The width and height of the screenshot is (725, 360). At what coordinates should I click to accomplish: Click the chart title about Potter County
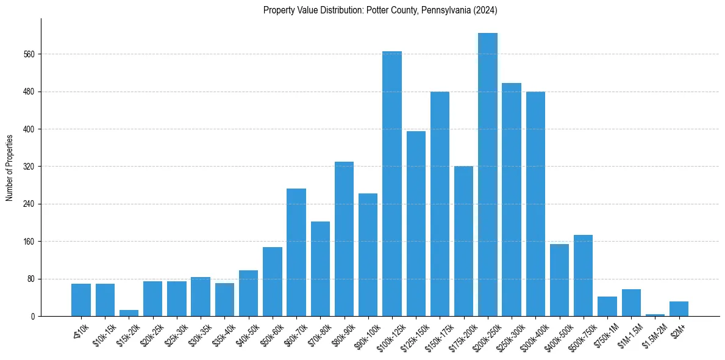(x=380, y=10)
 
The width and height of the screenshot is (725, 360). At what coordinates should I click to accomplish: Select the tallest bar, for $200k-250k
(x=488, y=175)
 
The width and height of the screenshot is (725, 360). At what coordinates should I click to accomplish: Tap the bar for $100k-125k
(x=392, y=184)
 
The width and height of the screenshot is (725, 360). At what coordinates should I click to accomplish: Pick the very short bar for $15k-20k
(x=129, y=313)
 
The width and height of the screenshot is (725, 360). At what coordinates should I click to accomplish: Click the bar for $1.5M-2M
(x=655, y=315)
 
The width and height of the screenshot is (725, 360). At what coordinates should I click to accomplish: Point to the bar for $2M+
(x=679, y=309)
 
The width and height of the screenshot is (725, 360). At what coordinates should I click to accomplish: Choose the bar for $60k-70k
(x=296, y=252)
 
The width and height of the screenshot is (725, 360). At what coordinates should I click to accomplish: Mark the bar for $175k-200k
(x=463, y=241)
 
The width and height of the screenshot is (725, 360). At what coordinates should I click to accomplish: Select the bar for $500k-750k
(x=584, y=275)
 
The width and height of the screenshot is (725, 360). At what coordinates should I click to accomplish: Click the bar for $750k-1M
(x=607, y=306)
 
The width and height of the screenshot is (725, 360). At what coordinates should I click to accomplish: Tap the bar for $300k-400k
(x=535, y=204)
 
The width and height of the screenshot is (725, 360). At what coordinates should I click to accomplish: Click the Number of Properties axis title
(x=10, y=168)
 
